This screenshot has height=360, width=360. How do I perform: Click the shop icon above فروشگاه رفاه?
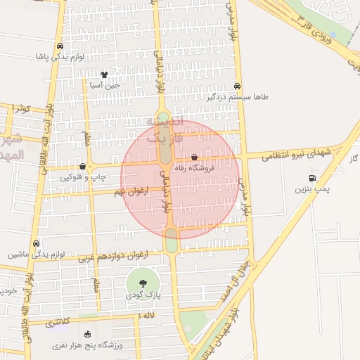[x=195, y=157]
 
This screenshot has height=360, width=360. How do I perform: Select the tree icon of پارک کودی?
[x=143, y=283]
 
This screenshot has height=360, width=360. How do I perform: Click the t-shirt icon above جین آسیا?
[x=104, y=74]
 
